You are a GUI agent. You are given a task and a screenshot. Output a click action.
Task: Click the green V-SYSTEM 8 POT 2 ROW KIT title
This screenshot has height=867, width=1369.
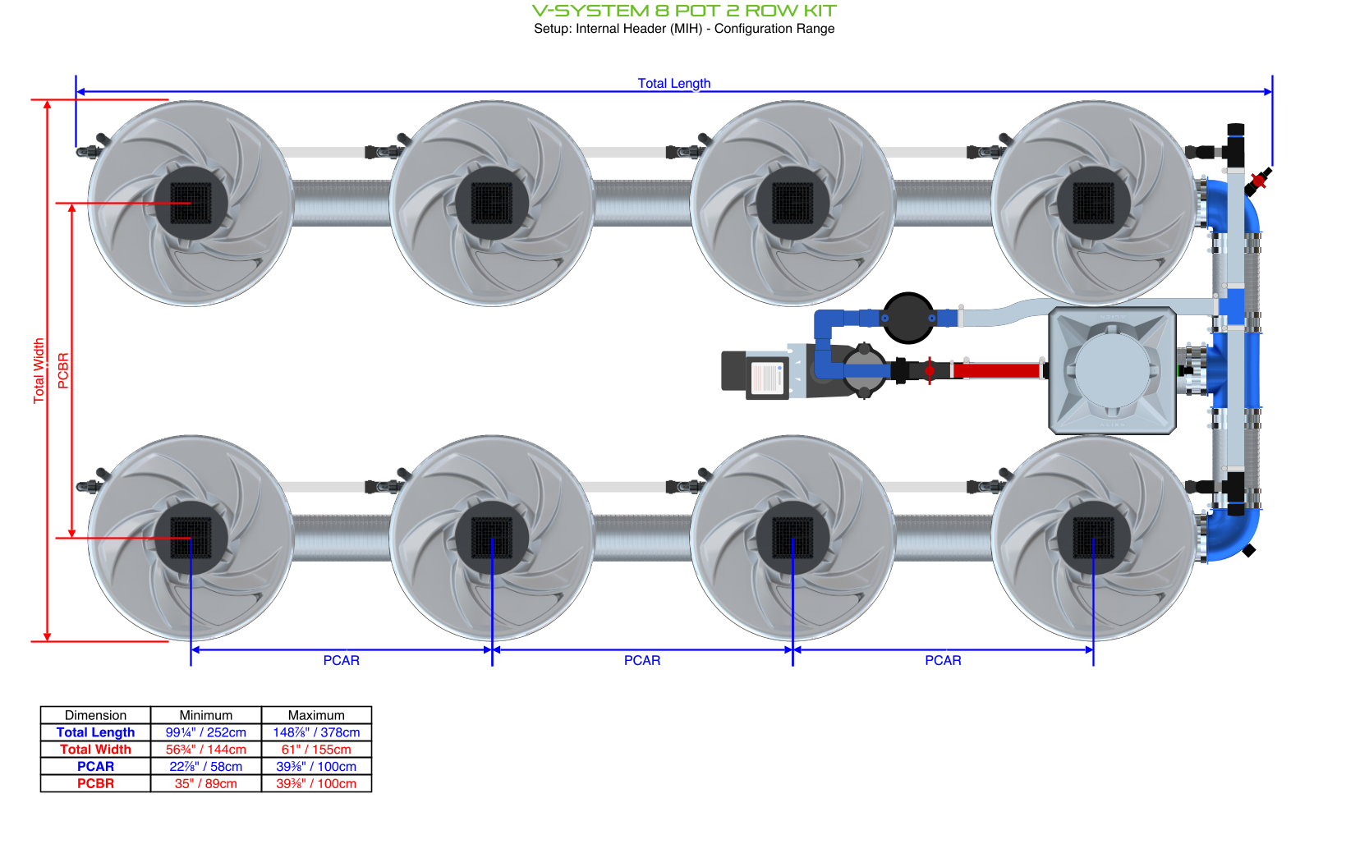(683, 11)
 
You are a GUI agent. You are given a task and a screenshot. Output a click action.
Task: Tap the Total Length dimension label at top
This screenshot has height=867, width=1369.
(673, 83)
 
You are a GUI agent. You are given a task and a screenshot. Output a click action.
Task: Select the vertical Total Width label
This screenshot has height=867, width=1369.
(39, 370)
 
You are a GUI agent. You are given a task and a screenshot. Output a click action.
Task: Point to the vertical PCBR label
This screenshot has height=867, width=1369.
(63, 370)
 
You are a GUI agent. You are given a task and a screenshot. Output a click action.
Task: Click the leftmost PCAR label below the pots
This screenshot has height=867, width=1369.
(341, 660)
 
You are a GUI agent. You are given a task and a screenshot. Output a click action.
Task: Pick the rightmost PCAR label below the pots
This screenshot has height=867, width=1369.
(943, 660)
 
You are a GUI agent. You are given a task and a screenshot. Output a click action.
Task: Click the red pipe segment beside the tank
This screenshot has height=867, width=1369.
(996, 370)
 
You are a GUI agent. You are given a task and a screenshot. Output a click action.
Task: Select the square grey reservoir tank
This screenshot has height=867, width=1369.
(1112, 370)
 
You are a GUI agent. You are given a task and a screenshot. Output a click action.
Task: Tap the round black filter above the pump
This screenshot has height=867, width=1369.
(907, 318)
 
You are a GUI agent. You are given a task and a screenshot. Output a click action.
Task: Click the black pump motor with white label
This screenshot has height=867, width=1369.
(756, 375)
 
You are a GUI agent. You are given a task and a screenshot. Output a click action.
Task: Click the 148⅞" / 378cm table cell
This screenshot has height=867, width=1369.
(316, 732)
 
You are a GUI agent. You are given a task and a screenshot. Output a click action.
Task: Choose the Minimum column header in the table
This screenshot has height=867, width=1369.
(205, 715)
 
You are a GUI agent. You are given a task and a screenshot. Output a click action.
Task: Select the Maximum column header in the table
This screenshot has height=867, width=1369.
(316, 715)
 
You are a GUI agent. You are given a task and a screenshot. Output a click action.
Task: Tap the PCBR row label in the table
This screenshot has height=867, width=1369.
(95, 783)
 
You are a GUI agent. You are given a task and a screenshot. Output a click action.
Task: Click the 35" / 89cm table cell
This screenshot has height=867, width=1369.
(205, 783)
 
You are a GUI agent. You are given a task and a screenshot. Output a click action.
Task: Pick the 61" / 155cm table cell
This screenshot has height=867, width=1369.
(316, 750)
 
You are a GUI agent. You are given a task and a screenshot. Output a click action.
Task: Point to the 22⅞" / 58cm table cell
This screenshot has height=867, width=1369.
(205, 767)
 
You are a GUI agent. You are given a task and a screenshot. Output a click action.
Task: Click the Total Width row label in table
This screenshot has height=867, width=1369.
(95, 750)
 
